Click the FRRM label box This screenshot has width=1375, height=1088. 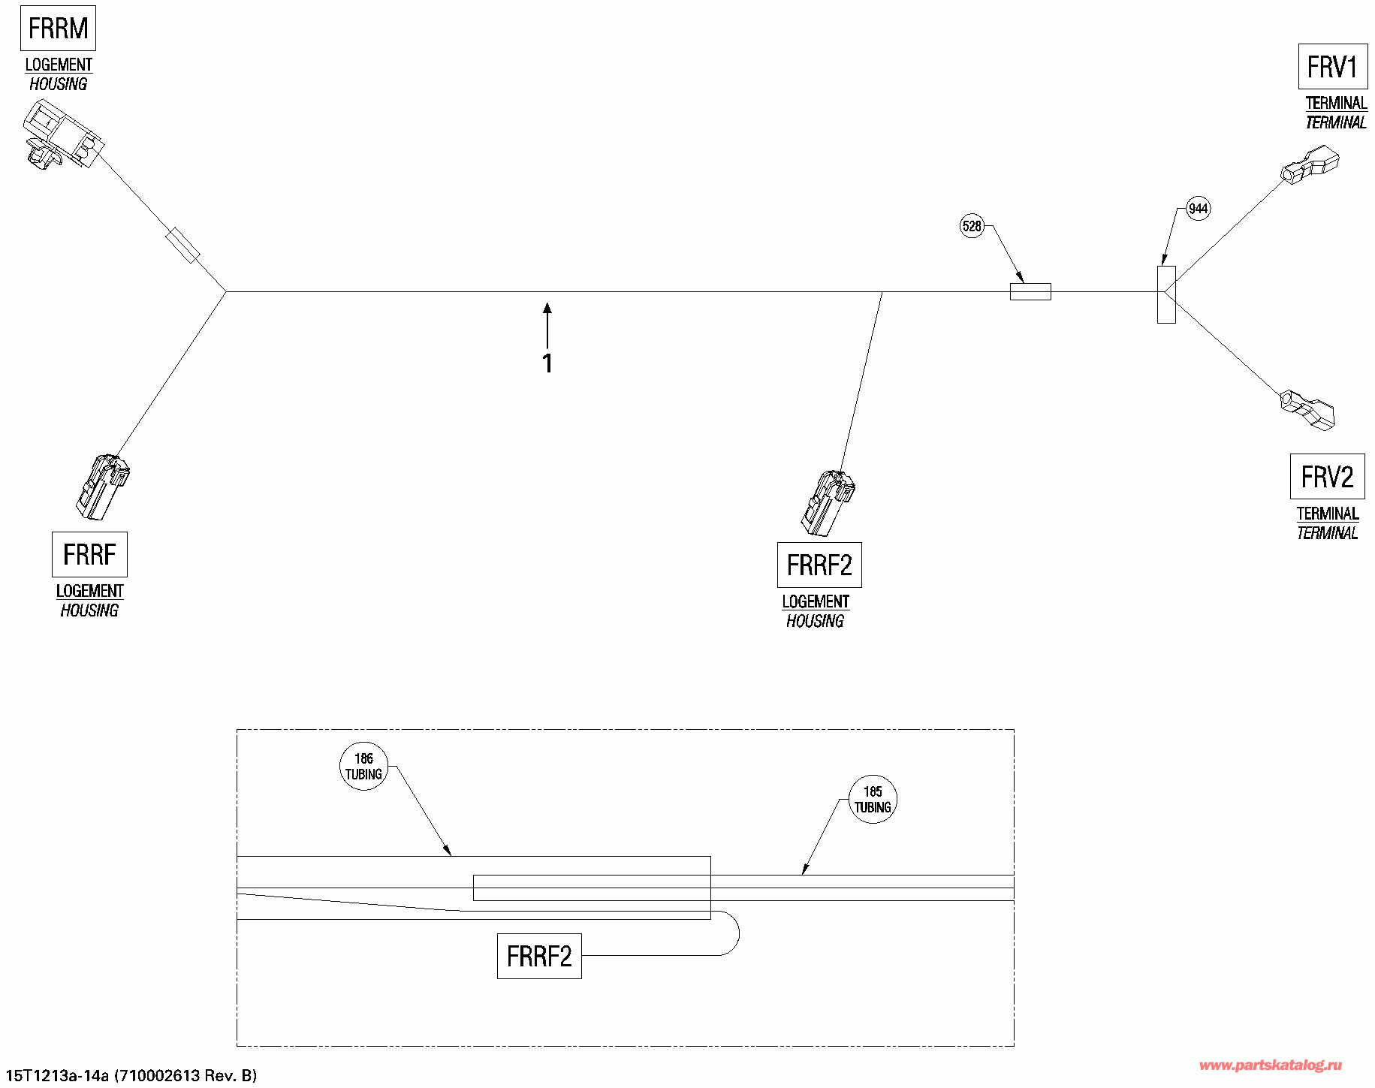tap(58, 29)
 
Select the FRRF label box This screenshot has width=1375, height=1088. tap(89, 554)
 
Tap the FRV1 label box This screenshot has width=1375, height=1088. tap(1332, 67)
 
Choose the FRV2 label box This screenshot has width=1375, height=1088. tap(1327, 476)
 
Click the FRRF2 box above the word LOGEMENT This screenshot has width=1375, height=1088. tap(819, 565)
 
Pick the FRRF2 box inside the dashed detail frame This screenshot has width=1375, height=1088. tap(539, 956)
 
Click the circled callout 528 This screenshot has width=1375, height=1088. tap(972, 226)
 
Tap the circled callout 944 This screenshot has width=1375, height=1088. tap(1198, 209)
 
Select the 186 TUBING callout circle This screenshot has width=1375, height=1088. tap(363, 767)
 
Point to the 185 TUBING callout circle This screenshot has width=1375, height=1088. tap(872, 800)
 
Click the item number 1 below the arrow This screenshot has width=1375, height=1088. tap(547, 363)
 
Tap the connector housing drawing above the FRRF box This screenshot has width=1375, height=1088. tap(102, 486)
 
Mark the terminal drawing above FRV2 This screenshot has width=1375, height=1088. tap(1307, 409)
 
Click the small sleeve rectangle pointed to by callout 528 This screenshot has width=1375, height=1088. tap(1030, 291)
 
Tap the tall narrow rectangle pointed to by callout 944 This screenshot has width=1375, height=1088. tap(1166, 295)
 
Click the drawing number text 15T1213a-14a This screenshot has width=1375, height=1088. tap(57, 1076)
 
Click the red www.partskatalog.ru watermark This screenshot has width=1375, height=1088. tap(1271, 1065)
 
